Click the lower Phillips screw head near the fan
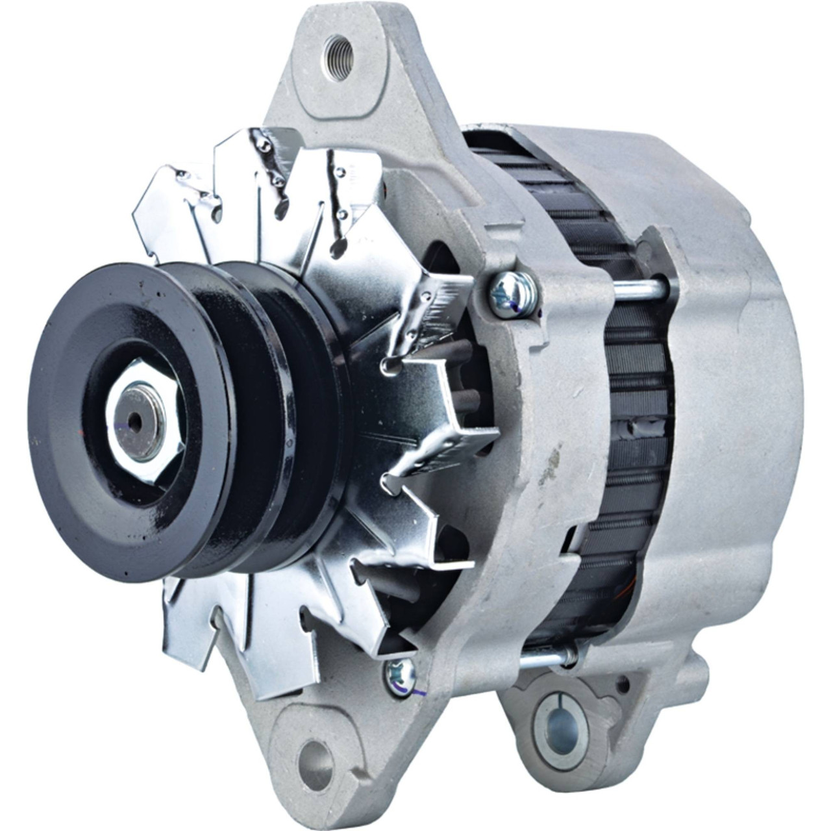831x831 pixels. (x=401, y=676)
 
